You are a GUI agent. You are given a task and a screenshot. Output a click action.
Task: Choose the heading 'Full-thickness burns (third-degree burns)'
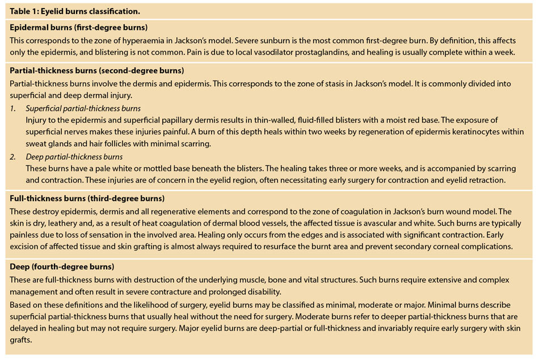point(87,198)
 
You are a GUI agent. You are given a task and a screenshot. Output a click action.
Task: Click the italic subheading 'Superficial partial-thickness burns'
point(83,108)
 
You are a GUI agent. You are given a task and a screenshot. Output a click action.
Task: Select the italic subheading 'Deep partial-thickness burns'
point(74,156)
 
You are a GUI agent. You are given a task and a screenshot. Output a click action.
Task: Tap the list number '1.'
point(13,108)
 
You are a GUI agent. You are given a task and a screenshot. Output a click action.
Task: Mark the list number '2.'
point(13,156)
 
